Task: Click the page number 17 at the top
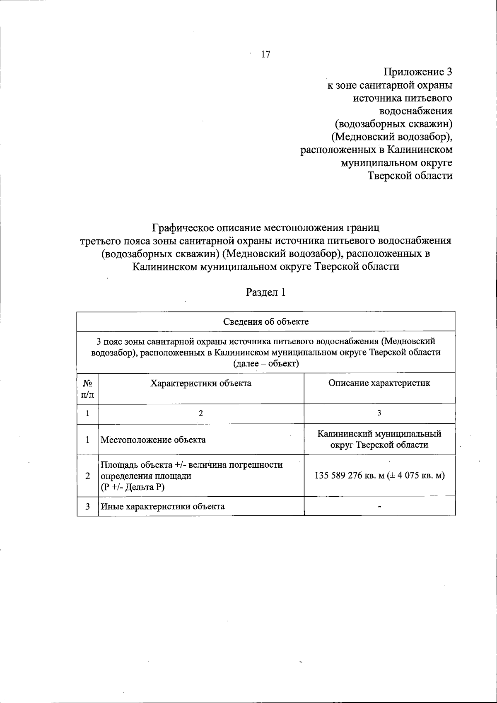pos(265,54)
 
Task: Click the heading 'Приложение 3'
pos(418,72)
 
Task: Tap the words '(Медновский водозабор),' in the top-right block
pos(394,136)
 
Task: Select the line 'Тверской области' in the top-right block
pos(410,175)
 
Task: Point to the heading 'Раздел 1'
pos(266,292)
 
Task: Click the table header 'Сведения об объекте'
pos(266,322)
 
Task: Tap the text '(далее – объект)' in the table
pos(266,364)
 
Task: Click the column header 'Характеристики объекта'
pos(201,383)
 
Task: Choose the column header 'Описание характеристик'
pos(379,383)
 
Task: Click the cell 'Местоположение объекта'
pos(153,440)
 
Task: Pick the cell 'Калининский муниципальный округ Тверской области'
pos(379,440)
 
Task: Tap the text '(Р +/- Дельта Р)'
pos(133,487)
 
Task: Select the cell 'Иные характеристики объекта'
pos(163,506)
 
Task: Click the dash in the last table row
pos(379,506)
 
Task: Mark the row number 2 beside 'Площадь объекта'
pos(87,476)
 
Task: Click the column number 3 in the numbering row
pos(379,413)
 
